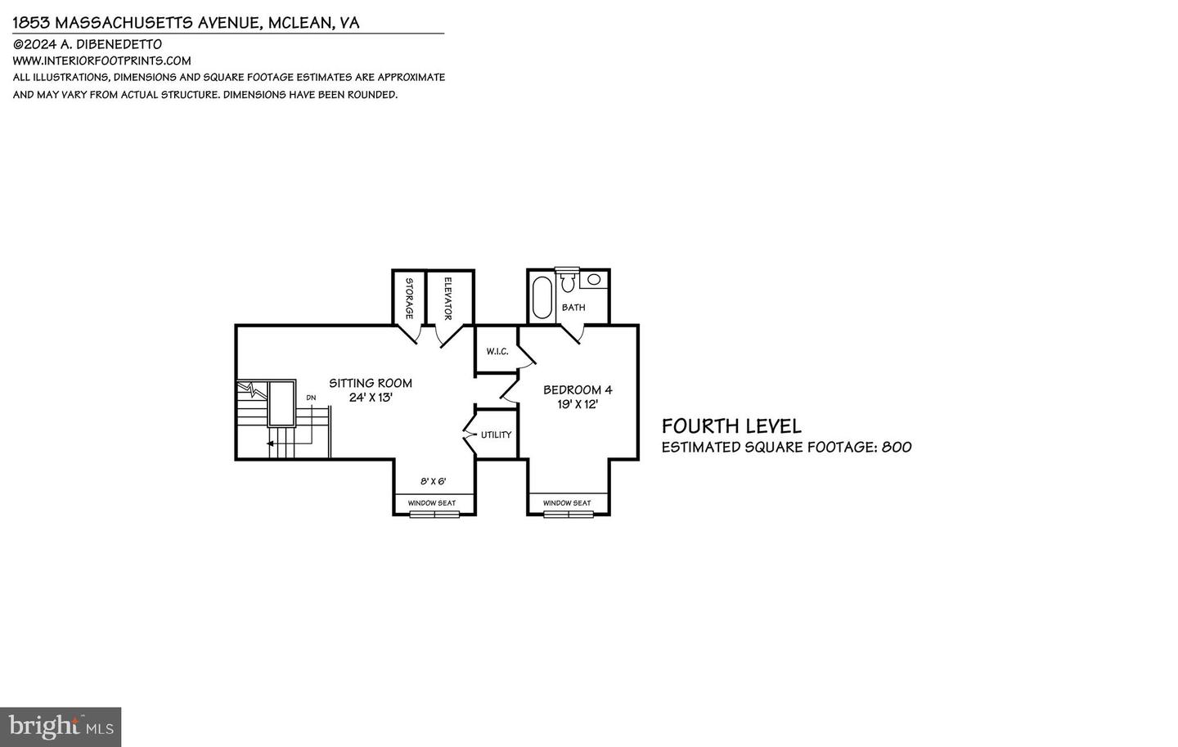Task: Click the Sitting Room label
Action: click(370, 383)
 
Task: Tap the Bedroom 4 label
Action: click(578, 390)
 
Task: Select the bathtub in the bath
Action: click(542, 298)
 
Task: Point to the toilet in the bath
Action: click(568, 282)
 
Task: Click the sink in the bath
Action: click(595, 280)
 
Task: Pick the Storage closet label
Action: click(409, 299)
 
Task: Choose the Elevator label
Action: click(448, 299)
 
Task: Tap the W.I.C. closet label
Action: click(497, 352)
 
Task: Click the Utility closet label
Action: click(496, 434)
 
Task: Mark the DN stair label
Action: click(311, 398)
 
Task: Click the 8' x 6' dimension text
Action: click(434, 482)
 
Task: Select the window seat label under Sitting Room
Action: click(432, 503)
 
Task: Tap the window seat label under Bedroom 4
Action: click(567, 503)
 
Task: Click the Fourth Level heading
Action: click(731, 426)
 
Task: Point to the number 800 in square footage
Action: click(897, 448)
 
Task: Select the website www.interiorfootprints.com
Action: click(101, 61)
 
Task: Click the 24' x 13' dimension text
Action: click(371, 398)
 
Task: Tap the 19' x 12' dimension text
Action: click(578, 404)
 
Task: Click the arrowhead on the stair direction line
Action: click(270, 443)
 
